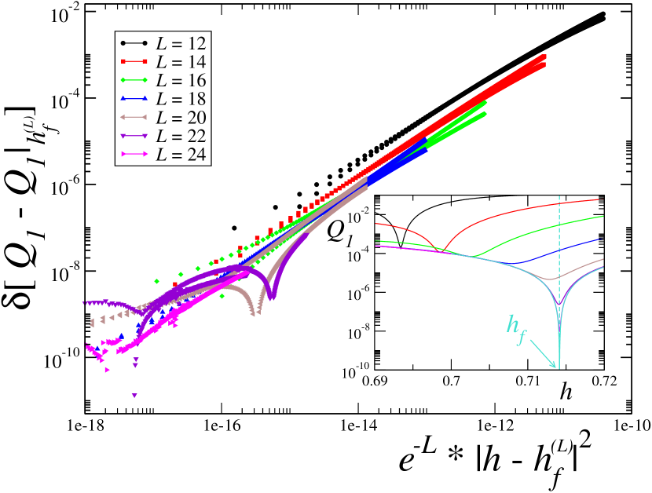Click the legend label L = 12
(181, 42)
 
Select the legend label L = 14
(181, 61)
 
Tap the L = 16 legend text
(181, 80)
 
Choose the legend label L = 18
(181, 99)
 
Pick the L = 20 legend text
(181, 118)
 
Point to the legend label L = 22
(181, 137)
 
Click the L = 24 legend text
(181, 155)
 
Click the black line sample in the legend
(134, 42)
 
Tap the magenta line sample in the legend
(134, 155)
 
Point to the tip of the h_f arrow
(557, 367)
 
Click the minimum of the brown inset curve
(552, 279)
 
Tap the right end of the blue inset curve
(602, 239)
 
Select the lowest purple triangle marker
(134, 396)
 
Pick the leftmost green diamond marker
(157, 281)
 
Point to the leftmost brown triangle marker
(92, 323)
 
